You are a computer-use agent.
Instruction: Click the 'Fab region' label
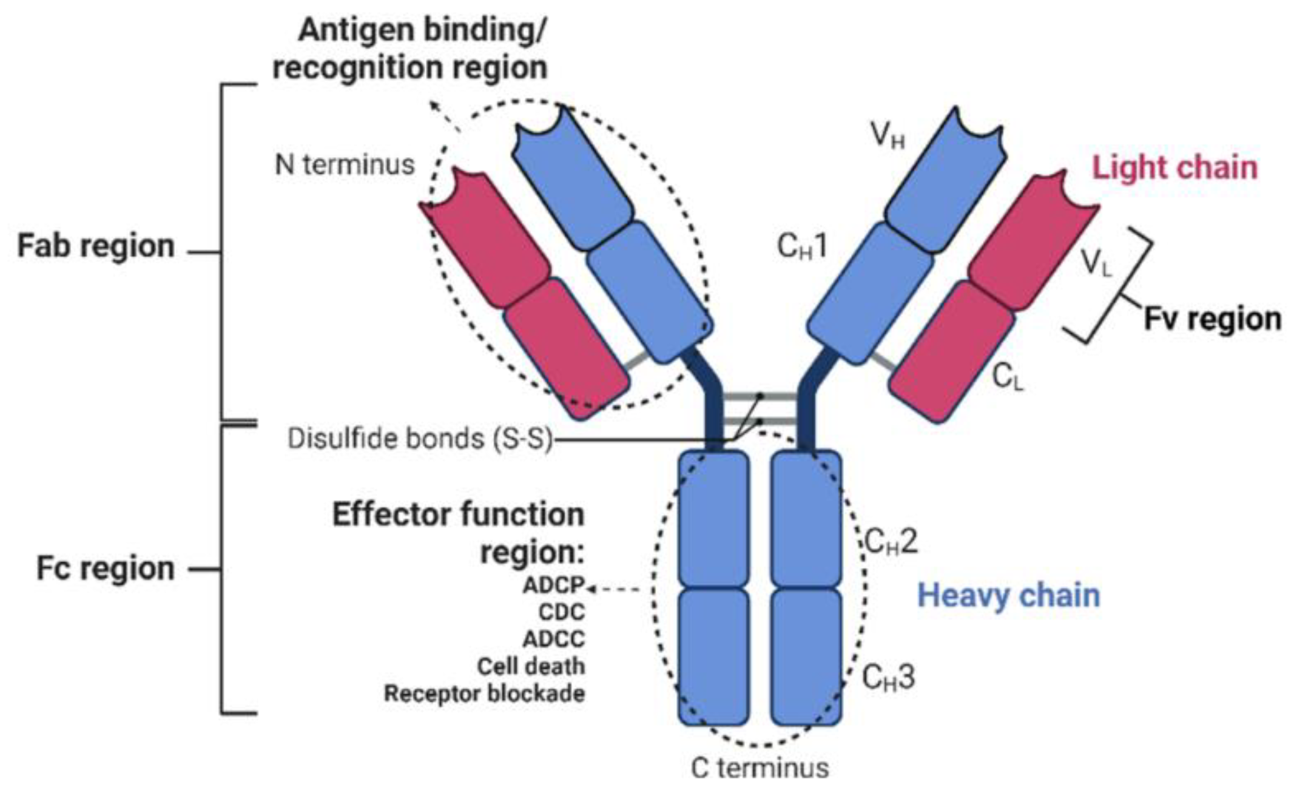tap(96, 246)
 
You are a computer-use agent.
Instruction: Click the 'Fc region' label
tap(105, 569)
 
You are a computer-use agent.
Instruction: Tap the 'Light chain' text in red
tap(1174, 167)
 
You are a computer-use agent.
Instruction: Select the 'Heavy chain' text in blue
tap(1008, 595)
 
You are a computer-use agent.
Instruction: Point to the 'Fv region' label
tap(1212, 319)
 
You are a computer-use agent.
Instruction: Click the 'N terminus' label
tap(345, 165)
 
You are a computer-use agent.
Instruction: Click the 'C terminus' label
tap(760, 768)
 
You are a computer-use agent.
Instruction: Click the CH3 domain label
tap(888, 677)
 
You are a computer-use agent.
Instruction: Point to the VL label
tap(1097, 263)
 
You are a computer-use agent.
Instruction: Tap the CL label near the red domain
tap(1008, 377)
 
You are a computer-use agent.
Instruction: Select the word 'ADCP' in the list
tap(553, 586)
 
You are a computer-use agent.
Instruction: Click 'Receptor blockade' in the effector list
tap(484, 694)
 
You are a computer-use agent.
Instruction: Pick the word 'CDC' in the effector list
tap(561, 612)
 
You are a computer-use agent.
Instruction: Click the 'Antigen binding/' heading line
tap(422, 30)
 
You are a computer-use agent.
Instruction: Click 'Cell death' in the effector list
tap(531, 666)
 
